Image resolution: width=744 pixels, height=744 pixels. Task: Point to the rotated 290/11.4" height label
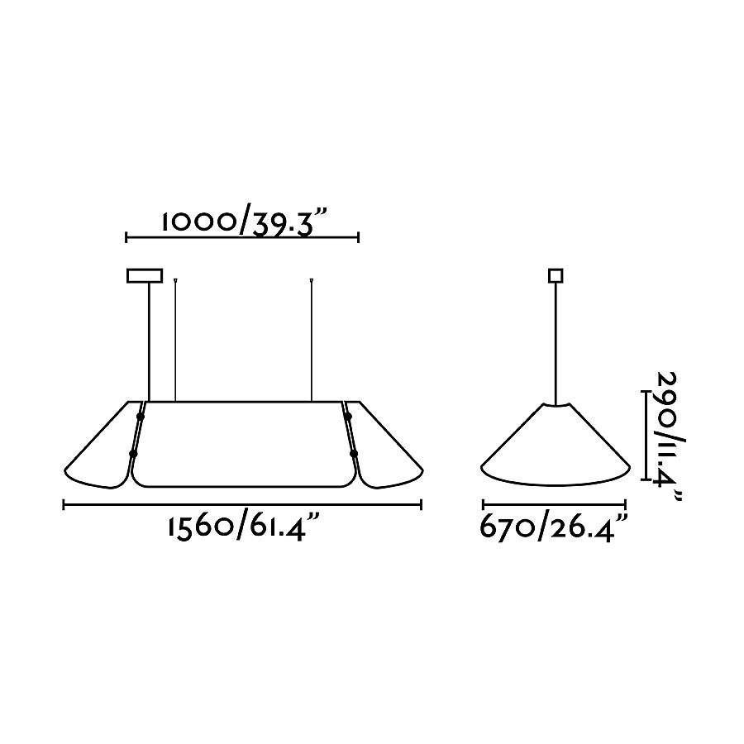[670, 436]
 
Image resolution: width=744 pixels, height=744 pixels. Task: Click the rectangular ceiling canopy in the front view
[145, 275]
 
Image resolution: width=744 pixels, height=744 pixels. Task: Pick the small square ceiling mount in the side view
[556, 275]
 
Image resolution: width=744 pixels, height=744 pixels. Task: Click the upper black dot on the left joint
[140, 416]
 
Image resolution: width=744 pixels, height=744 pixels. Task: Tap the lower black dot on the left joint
[133, 454]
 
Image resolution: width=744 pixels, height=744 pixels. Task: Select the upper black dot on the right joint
[348, 416]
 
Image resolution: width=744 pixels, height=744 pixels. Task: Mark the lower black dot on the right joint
[354, 454]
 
